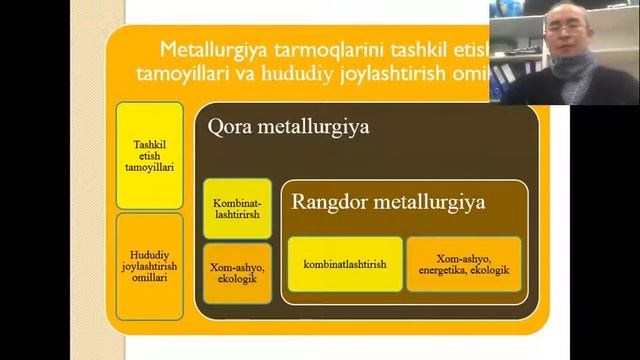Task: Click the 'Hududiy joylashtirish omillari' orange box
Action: [149, 266]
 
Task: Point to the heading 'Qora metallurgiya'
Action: [274, 128]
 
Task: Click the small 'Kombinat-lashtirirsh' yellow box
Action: [237, 208]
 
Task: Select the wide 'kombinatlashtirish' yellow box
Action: [344, 264]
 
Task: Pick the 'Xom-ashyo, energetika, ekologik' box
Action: [464, 264]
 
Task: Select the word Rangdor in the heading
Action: [330, 201]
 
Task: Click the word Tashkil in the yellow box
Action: [149, 145]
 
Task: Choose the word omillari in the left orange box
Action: [149, 278]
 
